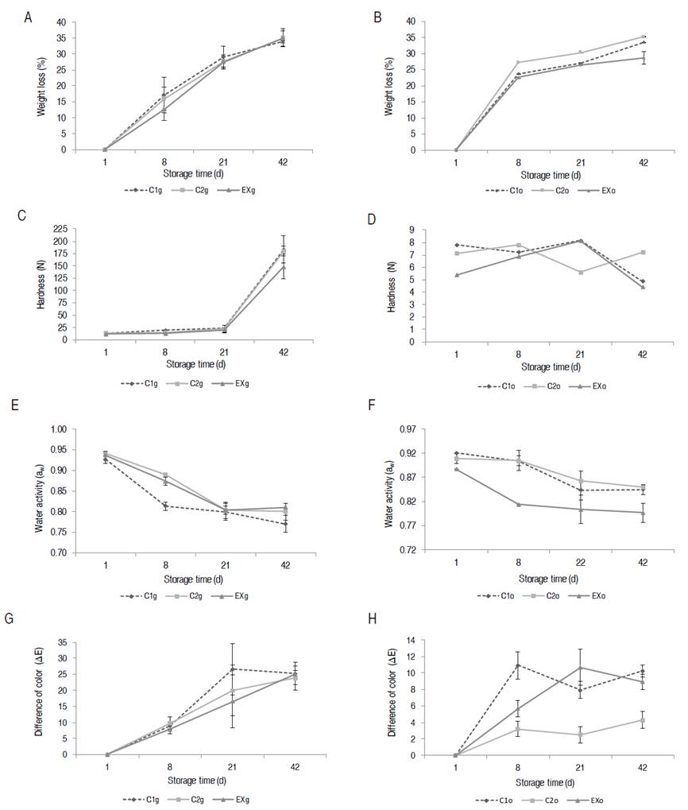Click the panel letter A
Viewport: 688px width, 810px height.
(x=29, y=17)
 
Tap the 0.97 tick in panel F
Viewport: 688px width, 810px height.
(x=415, y=429)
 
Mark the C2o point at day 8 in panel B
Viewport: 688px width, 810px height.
(x=519, y=62)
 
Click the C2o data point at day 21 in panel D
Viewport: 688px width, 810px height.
(x=581, y=272)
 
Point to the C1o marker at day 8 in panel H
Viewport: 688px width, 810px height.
(x=519, y=665)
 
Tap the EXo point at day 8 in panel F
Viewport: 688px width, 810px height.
(x=519, y=504)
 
